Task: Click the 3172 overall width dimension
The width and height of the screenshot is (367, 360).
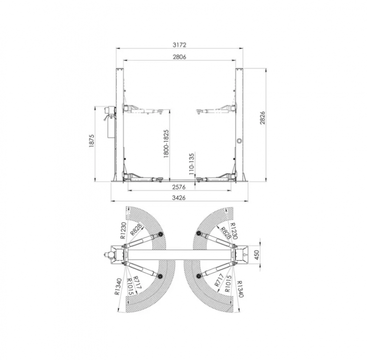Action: point(180,45)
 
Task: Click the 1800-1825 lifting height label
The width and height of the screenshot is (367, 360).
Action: point(166,143)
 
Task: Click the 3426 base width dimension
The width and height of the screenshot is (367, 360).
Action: point(180,197)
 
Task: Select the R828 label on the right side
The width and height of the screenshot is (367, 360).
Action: point(225,232)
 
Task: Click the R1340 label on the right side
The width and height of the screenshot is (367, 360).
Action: point(240,288)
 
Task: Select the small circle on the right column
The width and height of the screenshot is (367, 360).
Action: point(239,141)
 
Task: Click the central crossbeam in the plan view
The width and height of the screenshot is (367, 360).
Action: point(179,255)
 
